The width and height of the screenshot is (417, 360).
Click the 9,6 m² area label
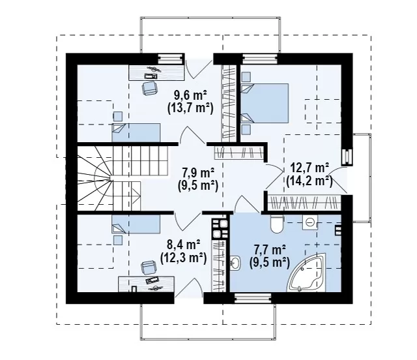(x=190, y=95)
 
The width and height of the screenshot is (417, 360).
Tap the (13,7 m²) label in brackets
(x=190, y=108)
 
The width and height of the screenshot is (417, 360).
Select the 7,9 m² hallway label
(x=198, y=173)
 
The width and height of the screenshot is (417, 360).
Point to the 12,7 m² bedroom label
(x=309, y=168)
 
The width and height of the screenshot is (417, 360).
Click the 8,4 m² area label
(x=184, y=244)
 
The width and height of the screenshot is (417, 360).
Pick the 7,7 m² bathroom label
(x=270, y=250)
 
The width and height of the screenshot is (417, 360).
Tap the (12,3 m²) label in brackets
(x=184, y=258)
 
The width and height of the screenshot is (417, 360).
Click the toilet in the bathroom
(x=278, y=224)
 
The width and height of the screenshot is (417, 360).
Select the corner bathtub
(x=308, y=273)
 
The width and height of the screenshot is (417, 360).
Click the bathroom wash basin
(x=235, y=263)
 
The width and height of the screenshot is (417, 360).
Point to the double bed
(x=265, y=103)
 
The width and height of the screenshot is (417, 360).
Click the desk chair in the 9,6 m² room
(x=149, y=88)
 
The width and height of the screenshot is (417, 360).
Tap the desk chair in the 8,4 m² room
(x=148, y=267)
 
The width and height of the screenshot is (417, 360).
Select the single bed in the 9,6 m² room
(x=136, y=132)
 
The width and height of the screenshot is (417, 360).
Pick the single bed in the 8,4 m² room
(x=136, y=224)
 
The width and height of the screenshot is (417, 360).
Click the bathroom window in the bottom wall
(x=253, y=298)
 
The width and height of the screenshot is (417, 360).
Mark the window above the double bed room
(x=260, y=59)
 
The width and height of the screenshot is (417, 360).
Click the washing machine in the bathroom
(x=310, y=222)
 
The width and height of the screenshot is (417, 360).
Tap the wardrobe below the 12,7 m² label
(x=304, y=203)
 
